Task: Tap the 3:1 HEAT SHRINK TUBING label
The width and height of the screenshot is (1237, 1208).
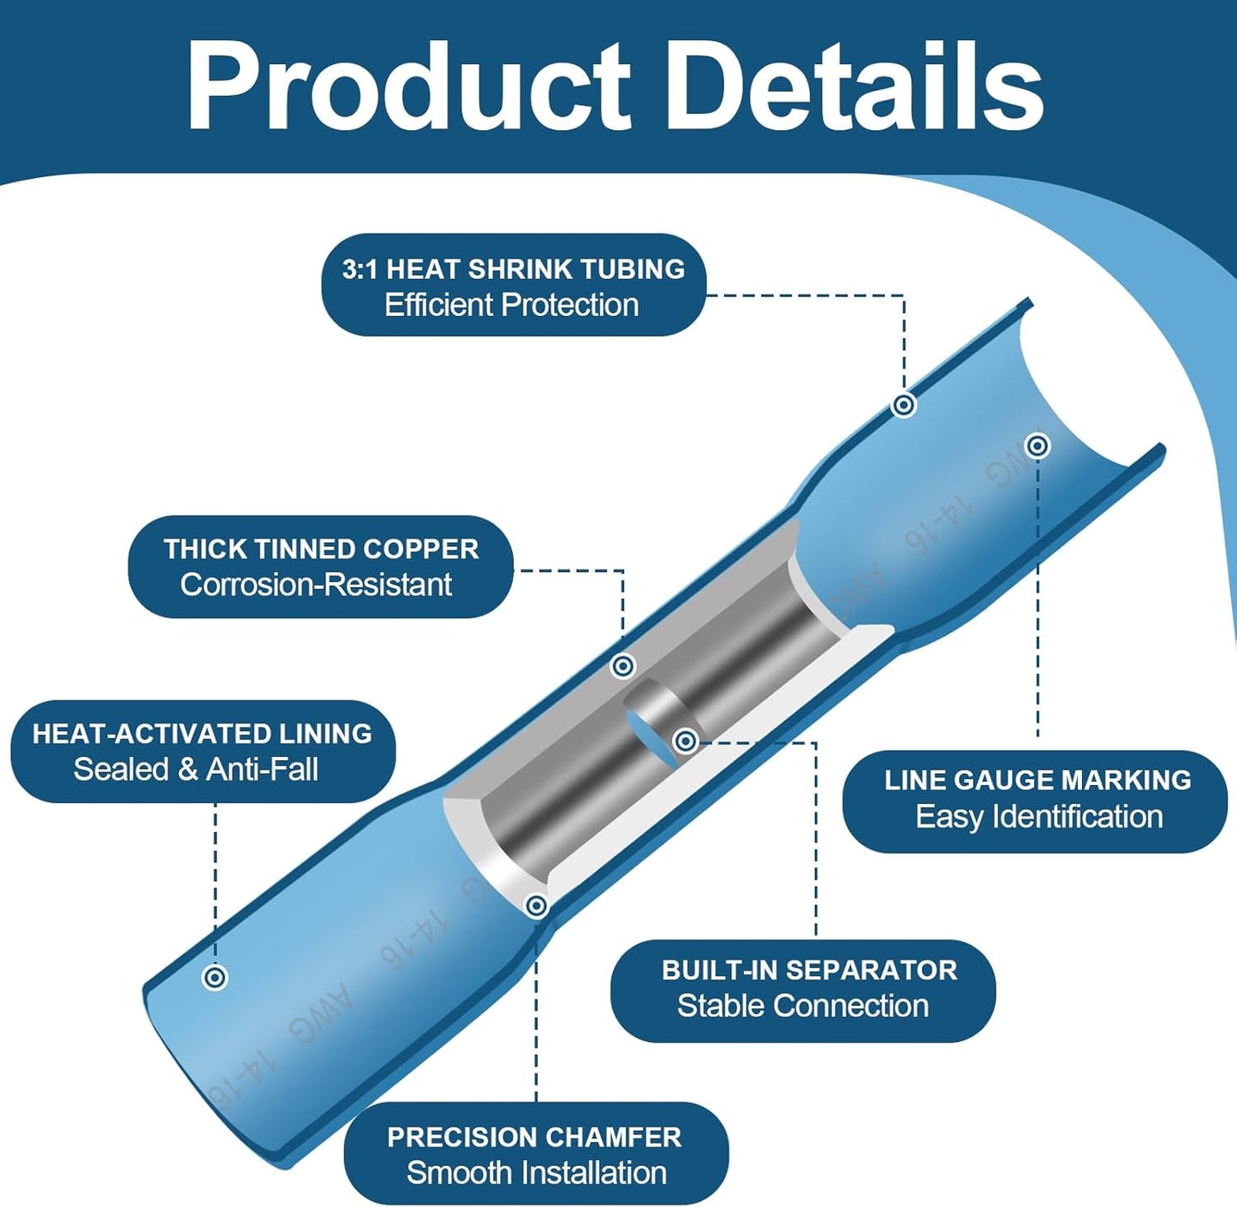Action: click(x=514, y=269)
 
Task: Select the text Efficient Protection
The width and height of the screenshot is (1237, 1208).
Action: click(x=512, y=305)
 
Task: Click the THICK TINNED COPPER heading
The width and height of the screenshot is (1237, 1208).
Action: click(x=321, y=550)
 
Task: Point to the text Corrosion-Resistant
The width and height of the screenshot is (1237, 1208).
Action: click(x=316, y=585)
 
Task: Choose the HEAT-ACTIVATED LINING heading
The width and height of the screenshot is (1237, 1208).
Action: click(x=202, y=735)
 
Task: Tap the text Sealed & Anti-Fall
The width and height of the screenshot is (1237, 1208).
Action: click(x=196, y=770)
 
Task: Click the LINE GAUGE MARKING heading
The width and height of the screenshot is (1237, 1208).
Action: click(x=1038, y=780)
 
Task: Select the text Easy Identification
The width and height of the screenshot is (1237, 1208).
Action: click(x=1039, y=817)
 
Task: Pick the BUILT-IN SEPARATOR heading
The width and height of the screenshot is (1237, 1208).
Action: click(x=809, y=970)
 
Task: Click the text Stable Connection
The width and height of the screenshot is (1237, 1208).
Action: click(x=803, y=1006)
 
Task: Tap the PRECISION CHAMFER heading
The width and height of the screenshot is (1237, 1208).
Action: click(x=534, y=1138)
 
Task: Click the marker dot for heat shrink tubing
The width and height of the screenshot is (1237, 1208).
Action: click(x=904, y=405)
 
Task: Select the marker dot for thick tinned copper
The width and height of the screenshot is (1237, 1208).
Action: click(x=623, y=666)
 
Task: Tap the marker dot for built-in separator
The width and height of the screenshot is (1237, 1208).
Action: click(x=685, y=741)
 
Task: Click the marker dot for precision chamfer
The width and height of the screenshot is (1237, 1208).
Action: click(x=537, y=906)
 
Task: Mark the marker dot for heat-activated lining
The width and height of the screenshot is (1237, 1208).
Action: click(x=215, y=977)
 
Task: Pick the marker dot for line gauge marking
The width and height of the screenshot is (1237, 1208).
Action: click(x=1038, y=446)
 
